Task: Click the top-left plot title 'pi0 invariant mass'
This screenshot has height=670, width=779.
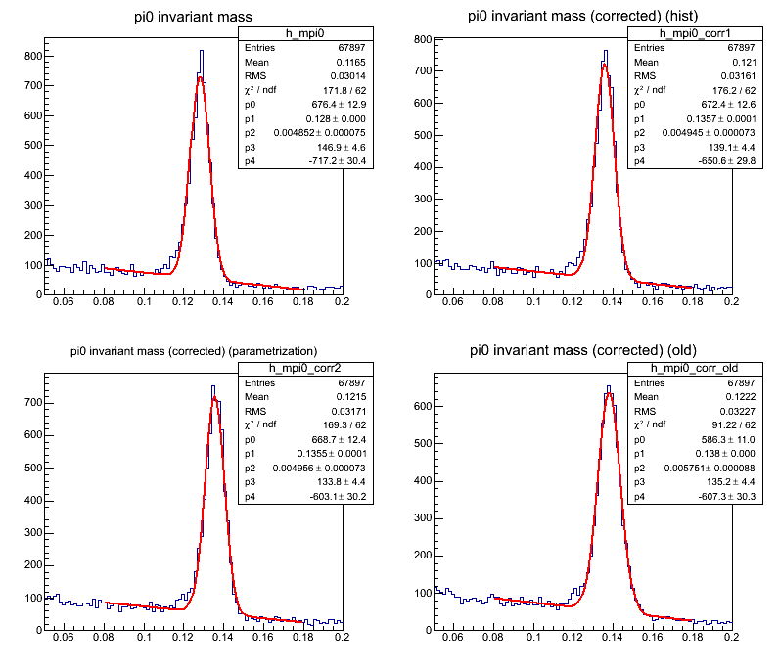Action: pyautogui.click(x=193, y=17)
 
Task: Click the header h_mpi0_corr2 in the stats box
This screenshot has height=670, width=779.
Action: pyautogui.click(x=289, y=369)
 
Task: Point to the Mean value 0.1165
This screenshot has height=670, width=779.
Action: pyautogui.click(x=319, y=61)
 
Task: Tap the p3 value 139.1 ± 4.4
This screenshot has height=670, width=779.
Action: pyautogui.click(x=701, y=145)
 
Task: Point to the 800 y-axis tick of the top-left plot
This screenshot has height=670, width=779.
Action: pyautogui.click(x=33, y=56)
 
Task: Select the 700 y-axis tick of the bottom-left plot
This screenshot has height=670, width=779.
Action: pyautogui.click(x=33, y=402)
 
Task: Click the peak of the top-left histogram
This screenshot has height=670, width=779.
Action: pyautogui.click(x=201, y=52)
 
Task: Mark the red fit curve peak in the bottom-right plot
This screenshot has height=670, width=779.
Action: pyautogui.click(x=608, y=394)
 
